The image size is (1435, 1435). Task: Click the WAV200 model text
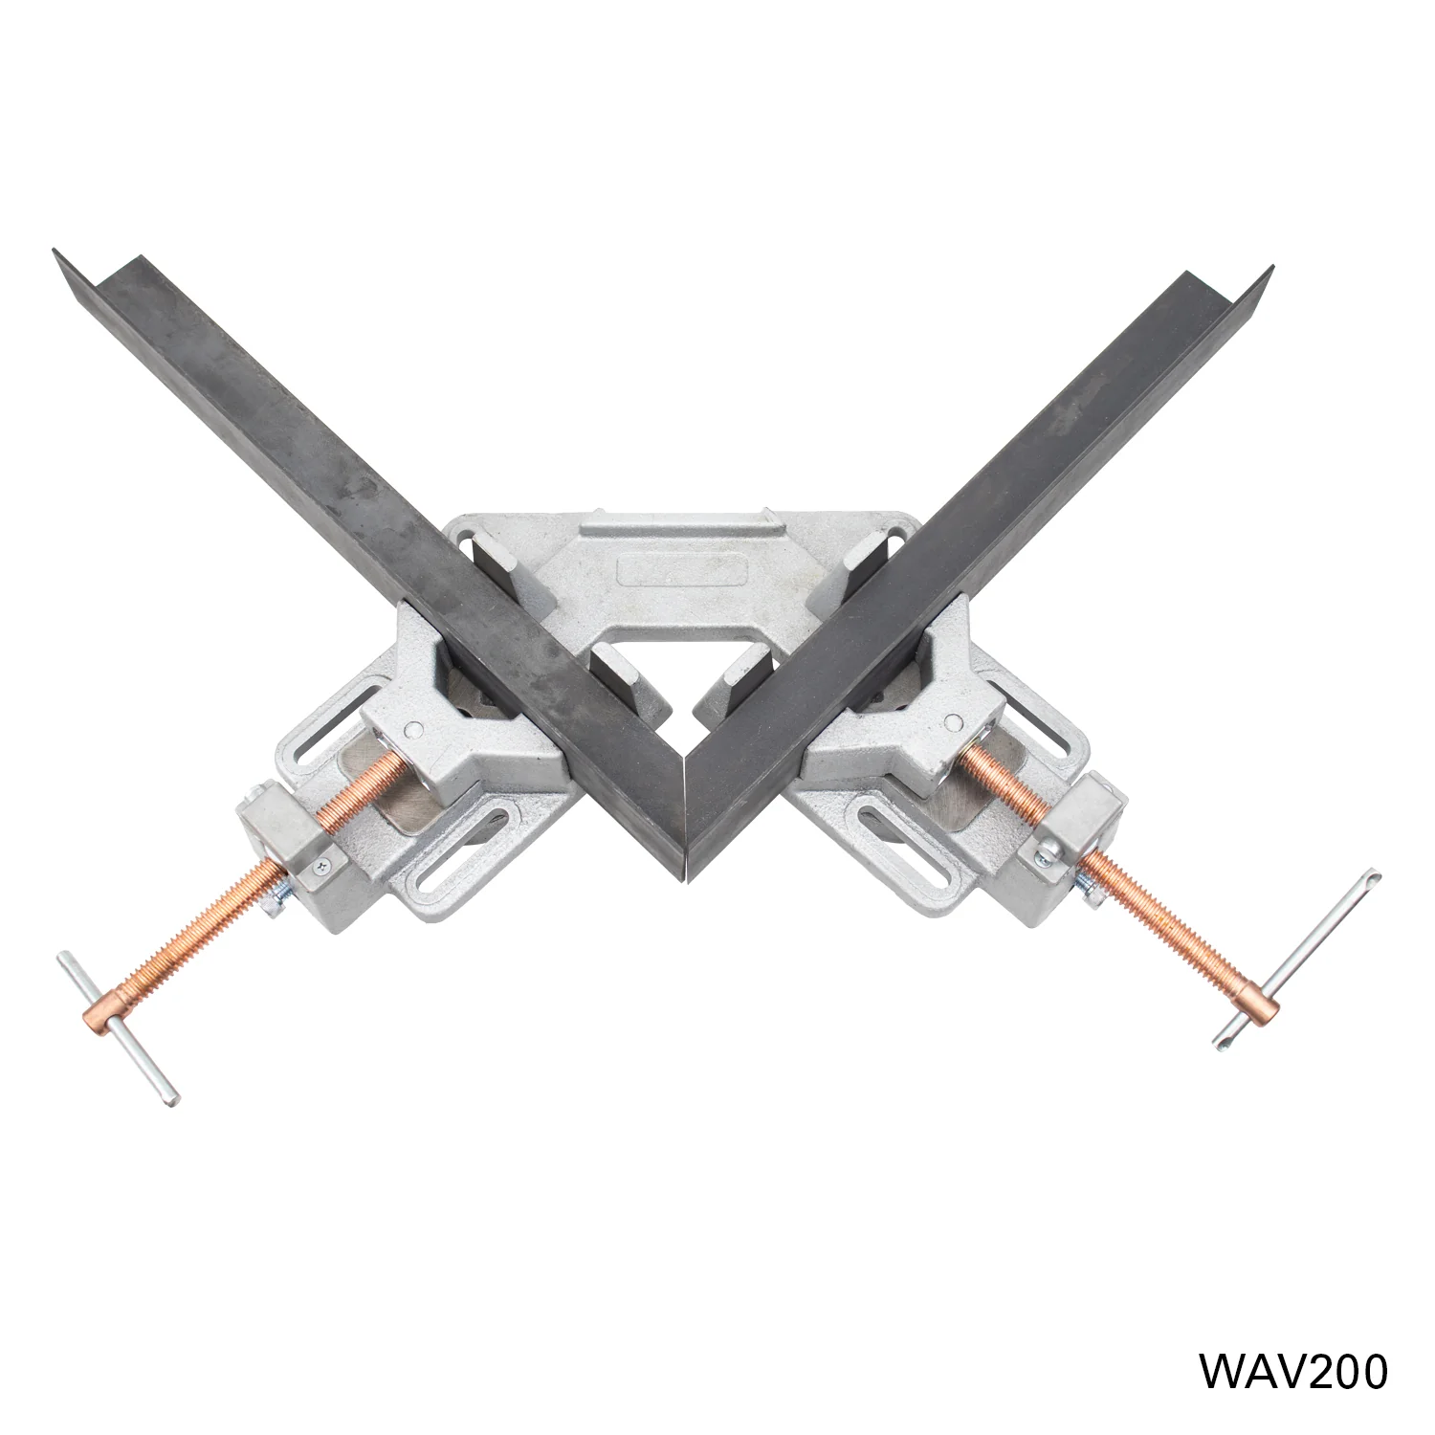pos(1292,1371)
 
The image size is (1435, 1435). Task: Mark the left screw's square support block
pos(287,842)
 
